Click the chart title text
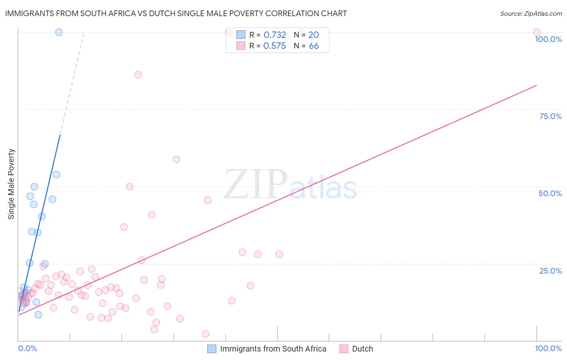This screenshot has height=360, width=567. coord(176,13)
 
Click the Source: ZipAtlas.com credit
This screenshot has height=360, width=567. coord(531,13)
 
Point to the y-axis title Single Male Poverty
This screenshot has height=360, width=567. coord(11,184)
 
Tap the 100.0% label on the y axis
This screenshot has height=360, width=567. coord(548,39)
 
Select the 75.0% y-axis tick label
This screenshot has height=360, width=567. coord(550,116)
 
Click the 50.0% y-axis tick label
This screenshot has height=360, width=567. coord(550,193)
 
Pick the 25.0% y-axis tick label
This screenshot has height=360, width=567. coord(550,271)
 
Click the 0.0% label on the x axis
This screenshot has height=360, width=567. coord(27,348)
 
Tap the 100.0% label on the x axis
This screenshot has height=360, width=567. coord(548,348)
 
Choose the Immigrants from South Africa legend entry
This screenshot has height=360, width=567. coord(273,349)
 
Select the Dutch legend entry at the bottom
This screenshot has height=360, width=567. coord(362,349)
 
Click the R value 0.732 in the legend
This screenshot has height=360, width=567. coord(275,35)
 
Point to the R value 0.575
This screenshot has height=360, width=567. coord(275,46)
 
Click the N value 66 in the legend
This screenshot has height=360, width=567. coord(314,46)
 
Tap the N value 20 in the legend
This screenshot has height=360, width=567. coord(314,35)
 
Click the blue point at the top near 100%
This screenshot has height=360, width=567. coord(59,32)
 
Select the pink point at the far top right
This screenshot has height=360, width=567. coord(537,32)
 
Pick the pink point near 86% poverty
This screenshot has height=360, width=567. coord(138,75)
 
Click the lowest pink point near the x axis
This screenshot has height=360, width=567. coord(206,334)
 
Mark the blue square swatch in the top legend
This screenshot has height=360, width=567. coord(241,35)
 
